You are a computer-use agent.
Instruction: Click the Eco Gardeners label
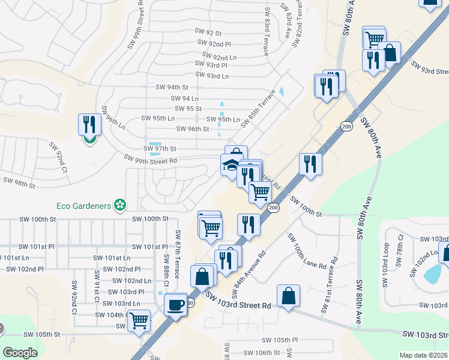coord(83,206)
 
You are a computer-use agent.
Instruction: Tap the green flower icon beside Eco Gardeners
coord(120,206)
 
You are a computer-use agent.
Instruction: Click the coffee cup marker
coord(175,304)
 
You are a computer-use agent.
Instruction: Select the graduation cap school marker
coord(231,165)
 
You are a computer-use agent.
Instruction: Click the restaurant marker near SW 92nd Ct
coord(89,125)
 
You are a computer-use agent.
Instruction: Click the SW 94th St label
coord(172,87)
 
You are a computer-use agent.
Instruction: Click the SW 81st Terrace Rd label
coord(330,286)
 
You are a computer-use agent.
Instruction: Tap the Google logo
coord(20,353)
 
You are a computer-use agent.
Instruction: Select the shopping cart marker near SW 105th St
coord(139,320)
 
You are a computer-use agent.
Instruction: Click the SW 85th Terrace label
coord(258,108)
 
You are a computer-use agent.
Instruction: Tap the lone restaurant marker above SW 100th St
coord(310,164)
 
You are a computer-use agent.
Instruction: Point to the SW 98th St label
coord(19,182)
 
